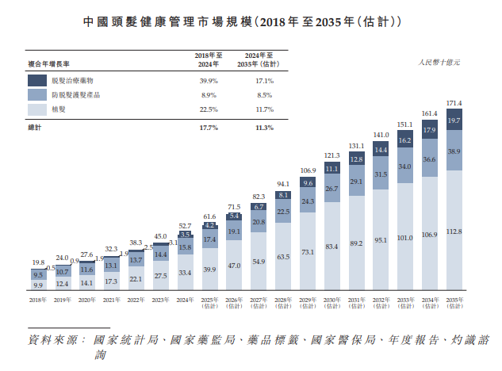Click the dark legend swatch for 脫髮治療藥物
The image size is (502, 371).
click(x=37, y=80)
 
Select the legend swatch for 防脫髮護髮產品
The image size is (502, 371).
click(x=37, y=94)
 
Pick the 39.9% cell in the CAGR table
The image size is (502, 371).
click(x=209, y=81)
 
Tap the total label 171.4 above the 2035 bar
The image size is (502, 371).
click(x=454, y=103)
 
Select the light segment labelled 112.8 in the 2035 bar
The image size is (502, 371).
click(x=454, y=231)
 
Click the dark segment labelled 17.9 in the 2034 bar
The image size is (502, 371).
click(x=430, y=129)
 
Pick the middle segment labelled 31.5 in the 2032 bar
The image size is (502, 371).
click(x=381, y=174)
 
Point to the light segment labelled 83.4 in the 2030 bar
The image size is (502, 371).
click(x=331, y=247)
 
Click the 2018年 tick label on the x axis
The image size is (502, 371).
click(x=38, y=300)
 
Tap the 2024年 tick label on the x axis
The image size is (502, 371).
click(x=185, y=300)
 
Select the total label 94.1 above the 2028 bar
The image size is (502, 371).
click(x=283, y=184)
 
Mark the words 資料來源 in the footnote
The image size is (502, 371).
click(x=56, y=339)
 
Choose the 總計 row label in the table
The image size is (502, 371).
click(x=34, y=128)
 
